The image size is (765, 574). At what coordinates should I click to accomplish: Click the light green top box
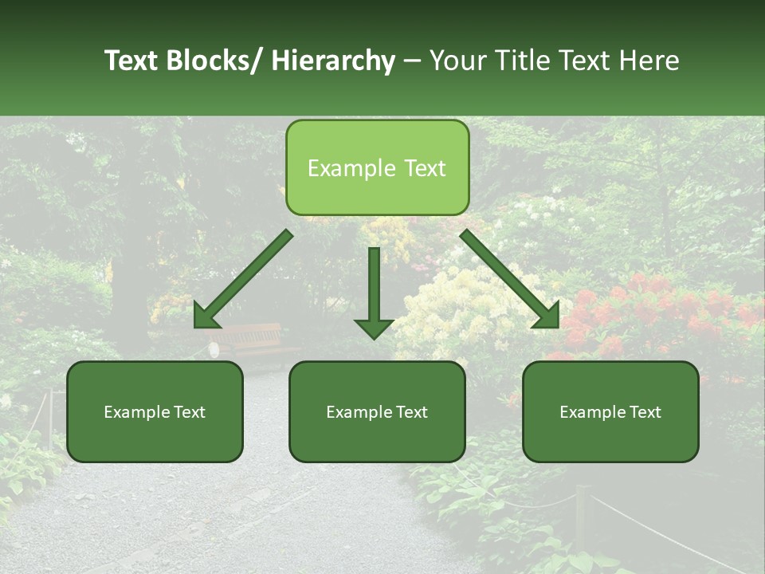377,167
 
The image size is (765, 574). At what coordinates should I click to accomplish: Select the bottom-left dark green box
155,411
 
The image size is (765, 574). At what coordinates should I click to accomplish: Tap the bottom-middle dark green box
377,411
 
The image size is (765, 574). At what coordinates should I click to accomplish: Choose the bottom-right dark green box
610,411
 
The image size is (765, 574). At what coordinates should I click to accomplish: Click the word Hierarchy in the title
333,61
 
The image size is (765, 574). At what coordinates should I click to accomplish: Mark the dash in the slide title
412,61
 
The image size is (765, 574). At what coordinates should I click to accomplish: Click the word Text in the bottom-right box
644,412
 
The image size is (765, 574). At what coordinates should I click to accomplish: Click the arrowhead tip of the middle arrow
374,338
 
